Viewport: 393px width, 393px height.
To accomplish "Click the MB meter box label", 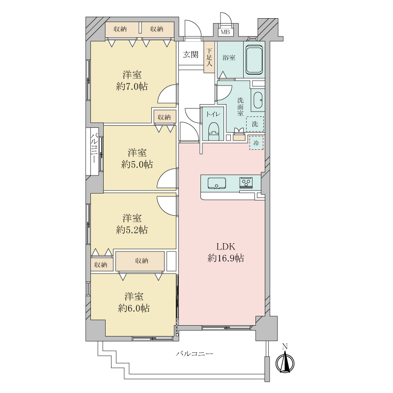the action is point(225,32).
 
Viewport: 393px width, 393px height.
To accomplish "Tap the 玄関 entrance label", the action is point(191,54).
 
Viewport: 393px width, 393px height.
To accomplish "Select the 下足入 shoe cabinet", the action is point(209,57).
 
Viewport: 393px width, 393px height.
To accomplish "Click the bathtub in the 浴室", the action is point(253,59).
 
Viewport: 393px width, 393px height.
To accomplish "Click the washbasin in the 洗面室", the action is point(257,100).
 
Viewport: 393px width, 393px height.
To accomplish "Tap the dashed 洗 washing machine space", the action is point(255,124).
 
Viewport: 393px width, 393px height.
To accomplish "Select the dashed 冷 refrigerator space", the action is point(256,143).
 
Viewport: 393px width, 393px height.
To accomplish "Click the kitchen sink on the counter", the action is point(217,183).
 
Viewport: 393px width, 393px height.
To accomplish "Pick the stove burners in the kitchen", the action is point(246,182).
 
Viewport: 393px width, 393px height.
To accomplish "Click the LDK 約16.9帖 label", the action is point(225,253).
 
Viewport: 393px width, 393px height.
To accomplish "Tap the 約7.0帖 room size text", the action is point(132,86).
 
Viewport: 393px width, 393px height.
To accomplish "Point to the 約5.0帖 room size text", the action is point(137,165).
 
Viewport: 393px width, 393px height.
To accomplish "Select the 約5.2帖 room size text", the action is point(132,230).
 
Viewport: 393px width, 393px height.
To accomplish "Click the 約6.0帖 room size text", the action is point(134,308).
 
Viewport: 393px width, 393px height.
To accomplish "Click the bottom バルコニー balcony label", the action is point(194,354).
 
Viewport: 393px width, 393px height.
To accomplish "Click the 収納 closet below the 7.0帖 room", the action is point(165,117).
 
